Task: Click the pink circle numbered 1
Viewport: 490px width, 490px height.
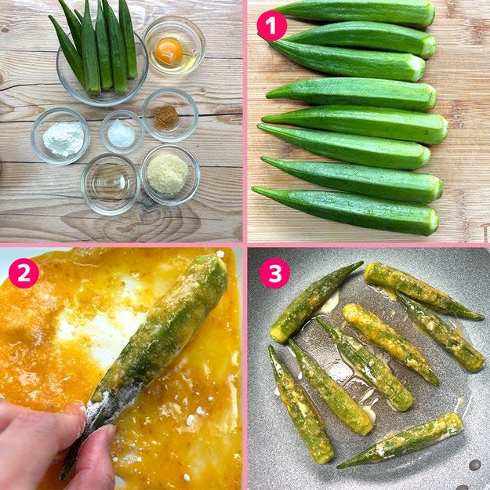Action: [271, 26]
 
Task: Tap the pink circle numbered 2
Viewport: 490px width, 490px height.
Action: [24, 273]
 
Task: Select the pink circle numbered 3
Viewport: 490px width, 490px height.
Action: [274, 273]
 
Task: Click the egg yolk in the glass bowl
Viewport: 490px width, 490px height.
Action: [169, 52]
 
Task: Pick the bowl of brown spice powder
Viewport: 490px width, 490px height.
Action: [170, 115]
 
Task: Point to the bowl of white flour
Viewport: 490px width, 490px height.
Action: [60, 136]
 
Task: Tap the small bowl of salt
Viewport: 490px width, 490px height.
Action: [122, 132]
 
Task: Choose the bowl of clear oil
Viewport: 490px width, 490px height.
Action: [111, 184]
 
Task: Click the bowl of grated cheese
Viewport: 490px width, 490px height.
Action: [170, 175]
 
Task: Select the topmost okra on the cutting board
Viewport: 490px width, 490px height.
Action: [353, 12]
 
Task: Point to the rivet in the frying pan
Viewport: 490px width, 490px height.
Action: [474, 465]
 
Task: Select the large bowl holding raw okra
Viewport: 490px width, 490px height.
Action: [102, 68]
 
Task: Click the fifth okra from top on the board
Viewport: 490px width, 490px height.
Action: [354, 124]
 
